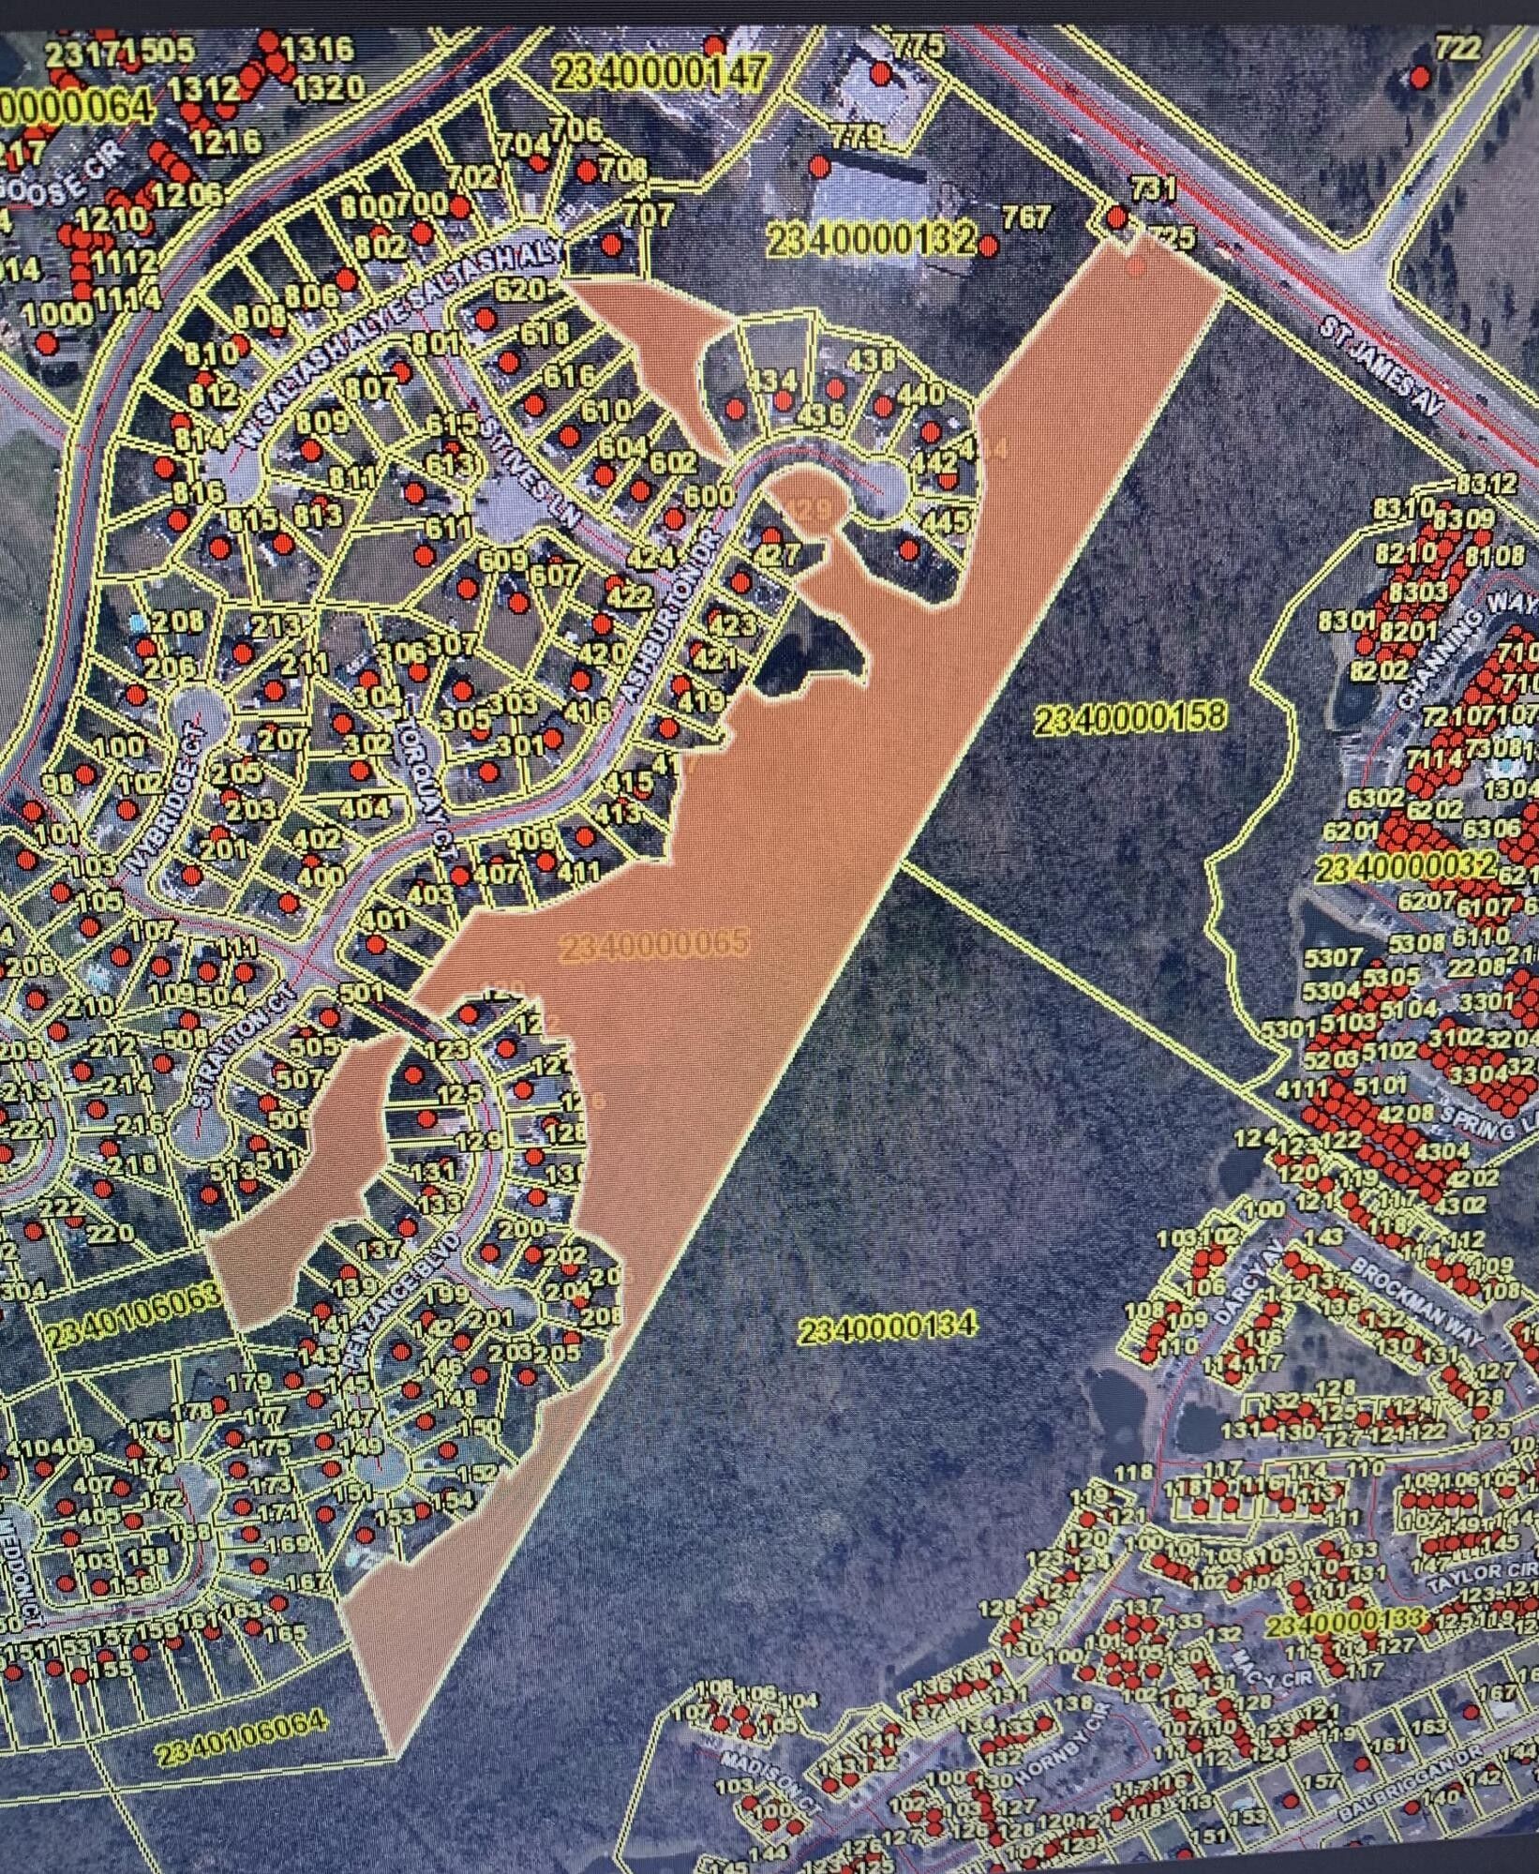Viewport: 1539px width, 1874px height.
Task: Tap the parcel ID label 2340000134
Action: pos(887,1327)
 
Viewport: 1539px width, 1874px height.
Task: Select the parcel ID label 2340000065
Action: pos(654,945)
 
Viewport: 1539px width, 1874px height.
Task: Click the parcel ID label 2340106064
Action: pos(241,1749)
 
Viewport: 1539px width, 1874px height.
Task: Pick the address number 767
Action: pos(1026,217)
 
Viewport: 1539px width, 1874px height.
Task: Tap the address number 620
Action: pos(518,290)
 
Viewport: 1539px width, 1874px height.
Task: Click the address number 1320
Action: pos(327,88)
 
